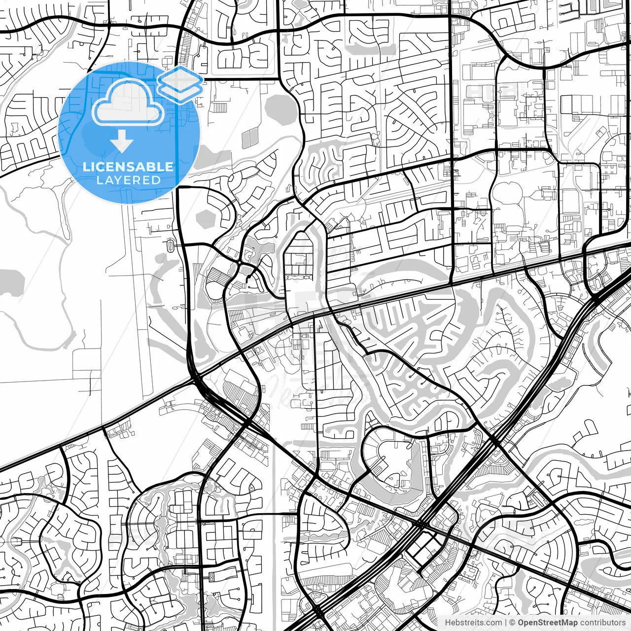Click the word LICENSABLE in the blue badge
pos(128,167)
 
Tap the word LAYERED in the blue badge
pos(128,180)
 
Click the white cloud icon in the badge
pos(128,103)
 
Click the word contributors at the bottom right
pos(602,623)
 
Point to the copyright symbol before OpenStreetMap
pos(512,623)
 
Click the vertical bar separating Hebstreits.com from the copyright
pos(505,623)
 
